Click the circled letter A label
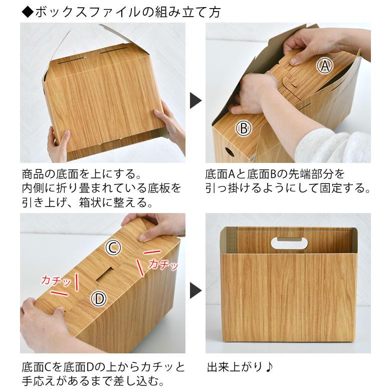(325, 66)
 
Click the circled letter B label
(244, 129)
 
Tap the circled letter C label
(114, 247)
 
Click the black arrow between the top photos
(195, 100)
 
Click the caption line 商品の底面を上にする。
(80, 174)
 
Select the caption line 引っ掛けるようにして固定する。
(288, 189)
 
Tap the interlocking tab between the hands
(288, 83)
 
